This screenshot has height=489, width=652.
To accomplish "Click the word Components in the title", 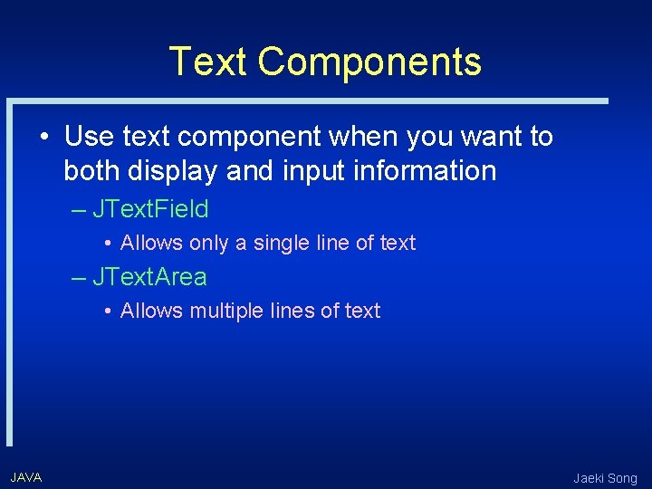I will pos(369,62).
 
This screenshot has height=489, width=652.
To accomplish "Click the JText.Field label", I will pos(150,209).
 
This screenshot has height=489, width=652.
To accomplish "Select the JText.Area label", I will pos(149,277).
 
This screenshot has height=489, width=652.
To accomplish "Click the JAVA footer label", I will pos(26,477).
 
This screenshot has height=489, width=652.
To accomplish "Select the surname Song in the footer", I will pos(623,478).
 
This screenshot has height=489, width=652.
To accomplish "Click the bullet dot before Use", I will pos(43,138).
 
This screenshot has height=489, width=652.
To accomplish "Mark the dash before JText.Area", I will pos(79,277).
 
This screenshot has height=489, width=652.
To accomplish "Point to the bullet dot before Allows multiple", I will pos(107,312).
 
